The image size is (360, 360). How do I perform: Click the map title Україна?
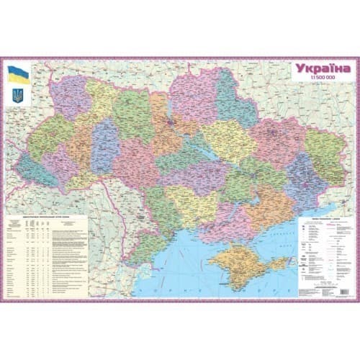coord(322,69)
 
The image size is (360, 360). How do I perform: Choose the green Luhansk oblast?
coord(321,148)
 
